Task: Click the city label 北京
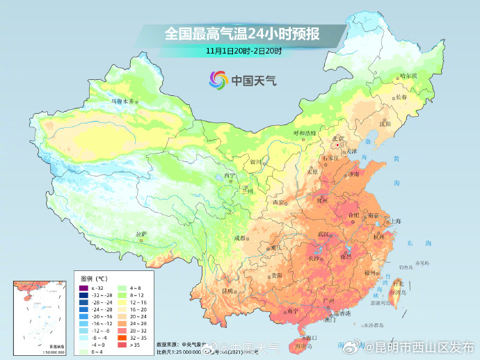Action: [x=338, y=138]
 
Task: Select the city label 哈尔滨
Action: [x=408, y=75]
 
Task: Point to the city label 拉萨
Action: [x=141, y=234]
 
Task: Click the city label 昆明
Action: [x=227, y=291]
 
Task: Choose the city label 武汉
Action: [x=323, y=234]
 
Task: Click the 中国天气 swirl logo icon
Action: [x=218, y=80]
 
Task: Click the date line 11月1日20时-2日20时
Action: [x=243, y=51]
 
